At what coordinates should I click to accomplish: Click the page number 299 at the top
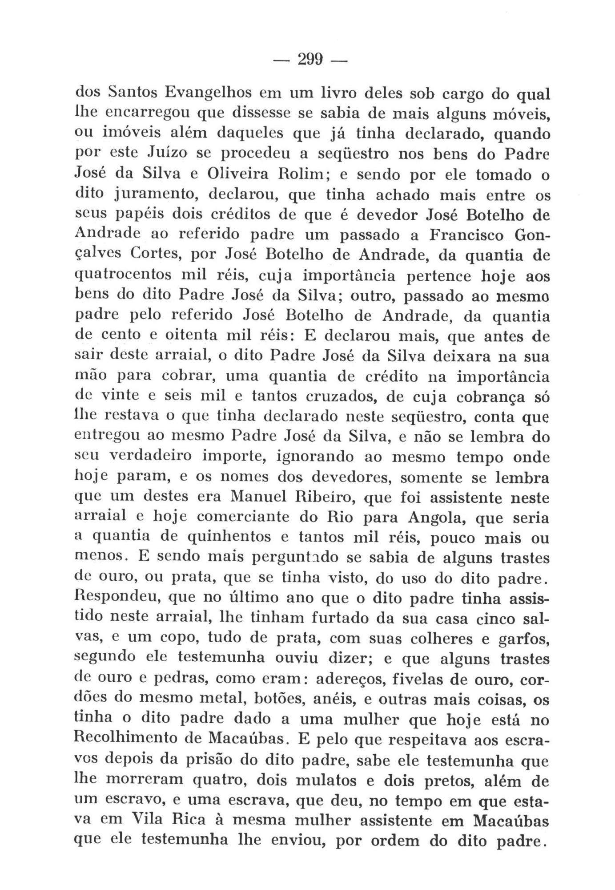pos(310,59)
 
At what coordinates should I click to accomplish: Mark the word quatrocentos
pos(123,276)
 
